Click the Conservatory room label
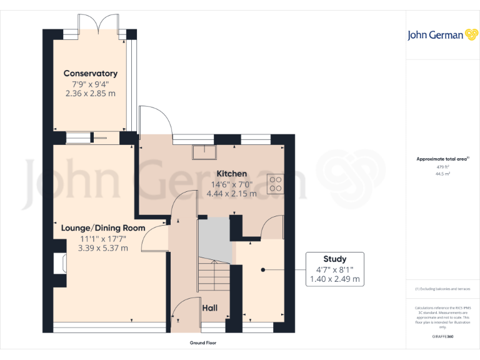pos(91,74)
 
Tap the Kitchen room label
pos(231,174)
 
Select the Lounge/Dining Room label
pos(103,227)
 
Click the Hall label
pos(209,308)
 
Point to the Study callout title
pos(334,259)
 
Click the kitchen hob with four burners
pos(275,182)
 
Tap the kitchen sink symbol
pos(203,151)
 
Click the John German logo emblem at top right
pos(471,35)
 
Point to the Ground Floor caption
pos(203,343)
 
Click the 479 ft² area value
pos(442,167)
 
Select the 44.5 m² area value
pos(442,174)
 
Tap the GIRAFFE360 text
pos(442,336)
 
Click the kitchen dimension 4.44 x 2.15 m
pos(231,194)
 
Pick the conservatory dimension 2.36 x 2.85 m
pos(91,93)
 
